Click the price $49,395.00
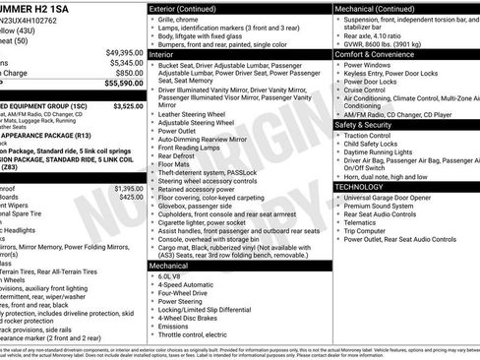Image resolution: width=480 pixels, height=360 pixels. click(x=123, y=50)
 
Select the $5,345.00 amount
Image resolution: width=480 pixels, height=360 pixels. click(x=125, y=61)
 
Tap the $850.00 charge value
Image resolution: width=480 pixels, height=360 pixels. click(x=128, y=73)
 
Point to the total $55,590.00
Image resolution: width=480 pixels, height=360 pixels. click(x=123, y=85)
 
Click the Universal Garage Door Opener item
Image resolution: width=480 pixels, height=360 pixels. click(x=393, y=197)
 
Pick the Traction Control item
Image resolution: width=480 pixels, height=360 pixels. click(x=373, y=137)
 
